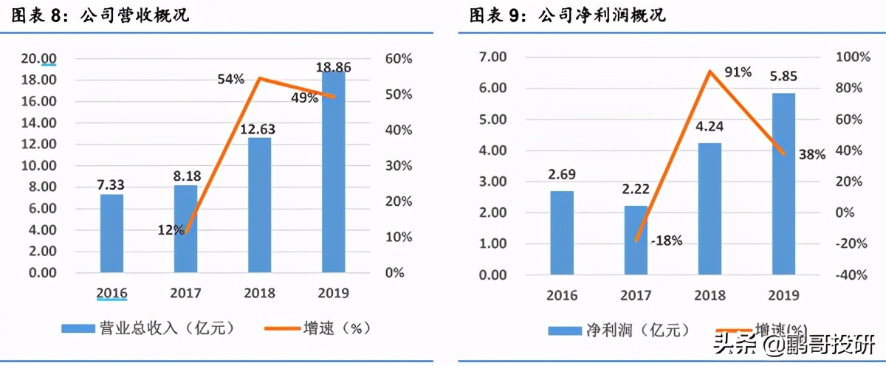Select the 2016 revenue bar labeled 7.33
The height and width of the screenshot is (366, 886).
coord(111,233)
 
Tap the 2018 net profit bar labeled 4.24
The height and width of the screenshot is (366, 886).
coord(709,209)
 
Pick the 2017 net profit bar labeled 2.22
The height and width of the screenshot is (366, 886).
coord(636,240)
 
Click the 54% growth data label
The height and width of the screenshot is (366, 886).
coord(230,78)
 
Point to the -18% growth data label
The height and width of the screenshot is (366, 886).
coord(667,240)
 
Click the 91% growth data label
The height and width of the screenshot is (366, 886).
coord(737,72)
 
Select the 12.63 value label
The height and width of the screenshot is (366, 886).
coord(258,129)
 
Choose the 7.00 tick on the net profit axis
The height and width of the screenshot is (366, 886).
coord(493,57)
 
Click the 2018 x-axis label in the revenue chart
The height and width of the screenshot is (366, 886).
coord(259,293)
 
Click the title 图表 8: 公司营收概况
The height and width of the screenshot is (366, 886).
coord(95,15)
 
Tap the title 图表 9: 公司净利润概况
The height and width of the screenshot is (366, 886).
coord(568,15)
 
